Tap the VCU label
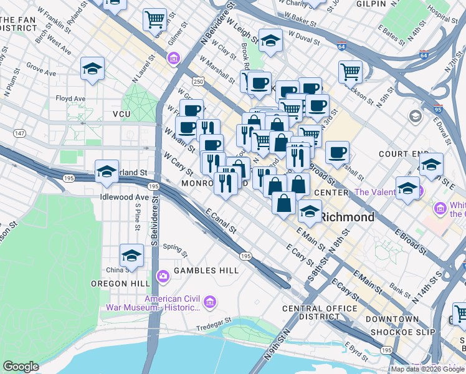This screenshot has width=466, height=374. click(121, 114)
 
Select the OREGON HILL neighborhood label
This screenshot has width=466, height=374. click(120, 284)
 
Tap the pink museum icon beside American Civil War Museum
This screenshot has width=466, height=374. click(210, 302)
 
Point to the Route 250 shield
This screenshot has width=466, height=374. click(198, 82)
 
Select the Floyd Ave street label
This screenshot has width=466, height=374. click(70, 98)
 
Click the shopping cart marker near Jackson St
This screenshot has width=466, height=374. click(351, 72)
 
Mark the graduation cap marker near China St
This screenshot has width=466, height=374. click(131, 256)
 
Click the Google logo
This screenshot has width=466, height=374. click(21, 367)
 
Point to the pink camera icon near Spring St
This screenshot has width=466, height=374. click(163, 276)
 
